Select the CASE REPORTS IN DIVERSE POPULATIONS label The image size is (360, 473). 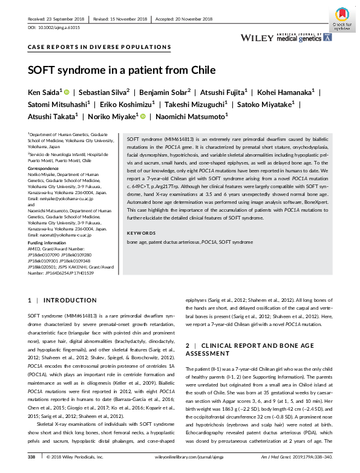coord(100,47)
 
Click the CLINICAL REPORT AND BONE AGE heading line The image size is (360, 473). coord(251,345)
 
